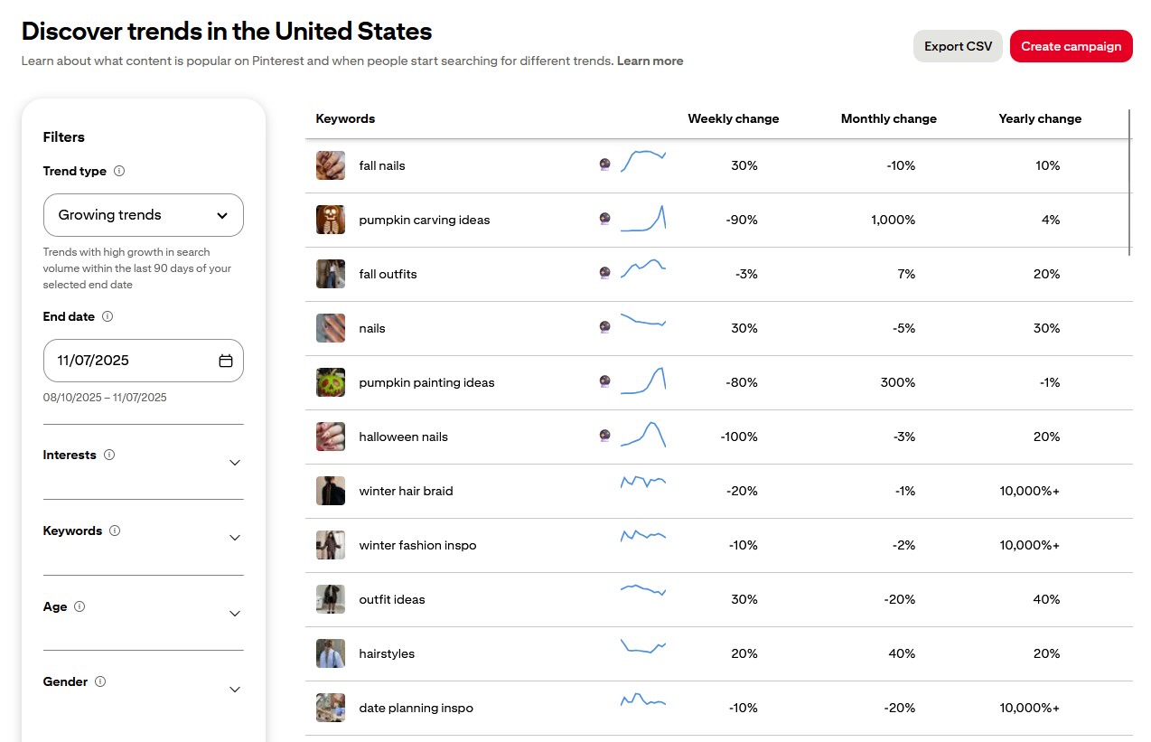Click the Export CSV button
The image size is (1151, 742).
point(958,46)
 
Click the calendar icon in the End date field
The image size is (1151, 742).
point(226,361)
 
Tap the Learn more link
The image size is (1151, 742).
point(650,61)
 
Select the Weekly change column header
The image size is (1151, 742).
point(733,119)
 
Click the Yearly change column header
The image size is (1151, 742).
point(1040,119)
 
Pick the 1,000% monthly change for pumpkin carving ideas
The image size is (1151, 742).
point(893,220)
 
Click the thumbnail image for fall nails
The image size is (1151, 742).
point(331,165)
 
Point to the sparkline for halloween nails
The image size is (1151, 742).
point(643,435)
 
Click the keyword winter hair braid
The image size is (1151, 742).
point(406,491)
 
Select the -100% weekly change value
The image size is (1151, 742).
point(739,437)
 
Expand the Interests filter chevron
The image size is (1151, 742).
point(235,463)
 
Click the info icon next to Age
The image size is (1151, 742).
point(80,607)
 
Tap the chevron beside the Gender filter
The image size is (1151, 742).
point(235,690)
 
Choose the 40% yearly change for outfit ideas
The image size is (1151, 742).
point(1046,599)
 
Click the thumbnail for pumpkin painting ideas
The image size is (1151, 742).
point(331,382)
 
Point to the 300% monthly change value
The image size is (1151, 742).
point(898,382)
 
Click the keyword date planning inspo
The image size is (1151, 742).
point(416,708)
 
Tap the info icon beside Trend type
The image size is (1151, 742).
point(119,172)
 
